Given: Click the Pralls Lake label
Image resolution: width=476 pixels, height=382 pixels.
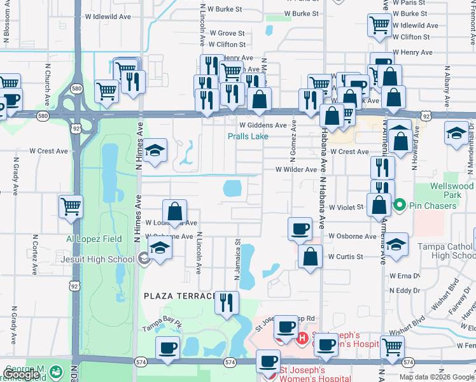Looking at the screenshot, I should pos(248,136).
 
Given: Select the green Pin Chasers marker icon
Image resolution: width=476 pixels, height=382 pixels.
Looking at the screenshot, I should pos(400,206).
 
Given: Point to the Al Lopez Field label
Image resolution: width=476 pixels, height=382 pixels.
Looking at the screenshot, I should pos(94,239).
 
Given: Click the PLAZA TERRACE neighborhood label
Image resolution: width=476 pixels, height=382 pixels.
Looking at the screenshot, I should pos(180,296).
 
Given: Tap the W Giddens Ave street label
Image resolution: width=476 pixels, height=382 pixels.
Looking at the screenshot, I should pos(263,125).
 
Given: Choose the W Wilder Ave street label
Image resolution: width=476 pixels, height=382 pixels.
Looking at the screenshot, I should pos(296,170).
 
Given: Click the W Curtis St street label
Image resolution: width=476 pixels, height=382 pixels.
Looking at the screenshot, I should pos(346,257).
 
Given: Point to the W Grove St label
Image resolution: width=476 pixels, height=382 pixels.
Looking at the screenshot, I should pos(227,33).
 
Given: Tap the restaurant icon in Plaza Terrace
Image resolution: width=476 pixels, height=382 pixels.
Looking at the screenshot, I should pos(226,303).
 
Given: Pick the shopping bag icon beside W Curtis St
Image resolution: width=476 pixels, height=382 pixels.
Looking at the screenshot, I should pos(310,257).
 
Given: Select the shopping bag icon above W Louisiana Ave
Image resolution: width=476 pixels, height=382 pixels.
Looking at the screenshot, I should pos(174,211).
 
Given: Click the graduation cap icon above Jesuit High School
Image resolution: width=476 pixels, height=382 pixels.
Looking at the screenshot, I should pos(160,246).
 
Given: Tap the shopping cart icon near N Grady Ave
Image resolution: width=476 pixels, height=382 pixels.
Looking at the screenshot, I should pos(71,206).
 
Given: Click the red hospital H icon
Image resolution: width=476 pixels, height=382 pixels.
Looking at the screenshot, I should pos(302,337).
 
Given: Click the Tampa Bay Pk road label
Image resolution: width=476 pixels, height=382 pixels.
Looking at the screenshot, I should pos(162,327).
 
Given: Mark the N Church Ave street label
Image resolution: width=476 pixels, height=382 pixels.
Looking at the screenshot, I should pos(46,93).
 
